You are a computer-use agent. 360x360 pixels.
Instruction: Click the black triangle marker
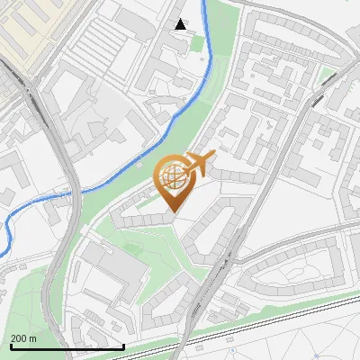click(181, 24)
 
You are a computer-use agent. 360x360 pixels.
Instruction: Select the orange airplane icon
click(198, 164)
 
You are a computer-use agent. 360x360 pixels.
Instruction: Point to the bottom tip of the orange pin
click(173, 212)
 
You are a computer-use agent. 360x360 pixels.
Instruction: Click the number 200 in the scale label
click(19, 338)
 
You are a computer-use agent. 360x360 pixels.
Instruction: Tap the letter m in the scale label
click(32, 338)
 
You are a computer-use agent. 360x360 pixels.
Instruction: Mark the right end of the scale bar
click(123, 346)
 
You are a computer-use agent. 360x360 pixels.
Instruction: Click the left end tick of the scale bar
click(11, 346)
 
